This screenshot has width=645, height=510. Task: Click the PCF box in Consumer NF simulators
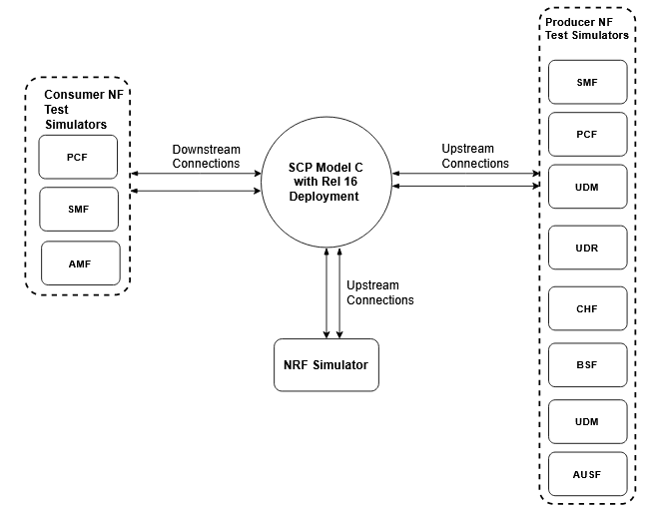coord(78,158)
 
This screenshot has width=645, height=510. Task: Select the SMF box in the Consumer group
coord(78,210)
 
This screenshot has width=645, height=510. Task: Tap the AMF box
coord(80,262)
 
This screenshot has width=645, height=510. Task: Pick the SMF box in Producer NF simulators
coord(587,82)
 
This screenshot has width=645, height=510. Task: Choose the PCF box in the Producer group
coord(587,134)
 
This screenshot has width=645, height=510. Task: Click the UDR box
coord(587,248)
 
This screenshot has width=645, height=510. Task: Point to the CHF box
coord(587,308)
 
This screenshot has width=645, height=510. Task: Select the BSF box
coord(587,365)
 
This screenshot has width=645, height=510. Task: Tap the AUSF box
coord(587,474)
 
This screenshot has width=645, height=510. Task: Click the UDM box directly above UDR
coord(587,187)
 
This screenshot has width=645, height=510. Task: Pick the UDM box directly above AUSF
coord(587,421)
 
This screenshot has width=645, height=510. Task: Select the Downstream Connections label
coord(206,156)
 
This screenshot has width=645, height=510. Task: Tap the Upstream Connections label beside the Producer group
coord(475,156)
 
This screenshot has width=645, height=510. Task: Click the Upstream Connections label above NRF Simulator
coord(379,292)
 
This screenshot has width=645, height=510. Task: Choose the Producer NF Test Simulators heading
coord(587,28)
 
